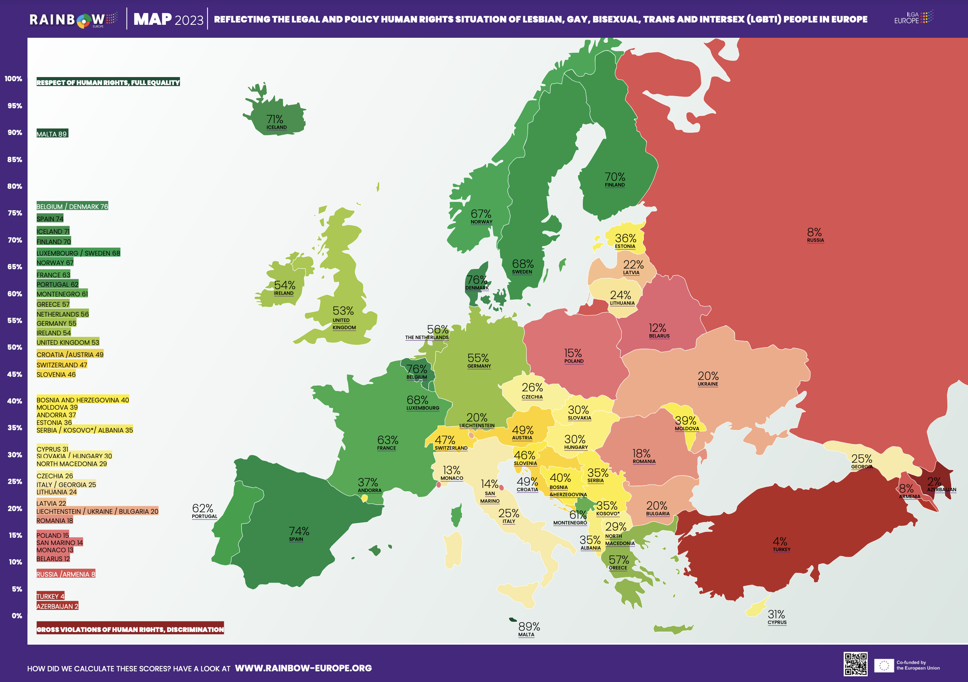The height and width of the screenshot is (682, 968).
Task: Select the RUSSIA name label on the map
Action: [x=815, y=240]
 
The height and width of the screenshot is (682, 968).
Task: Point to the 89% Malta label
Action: [x=529, y=626]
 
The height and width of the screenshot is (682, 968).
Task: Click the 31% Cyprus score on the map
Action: [x=776, y=614]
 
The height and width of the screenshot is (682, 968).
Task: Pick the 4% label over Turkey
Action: [x=780, y=541]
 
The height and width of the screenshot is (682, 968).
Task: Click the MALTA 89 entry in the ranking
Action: [x=52, y=134]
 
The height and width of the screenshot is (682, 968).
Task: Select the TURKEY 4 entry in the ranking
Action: [x=50, y=596]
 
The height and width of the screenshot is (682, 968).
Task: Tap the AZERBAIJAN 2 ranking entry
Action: [x=57, y=606]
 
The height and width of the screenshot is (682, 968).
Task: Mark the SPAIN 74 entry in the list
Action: [x=50, y=218]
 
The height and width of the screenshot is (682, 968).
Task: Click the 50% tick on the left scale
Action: [x=14, y=347]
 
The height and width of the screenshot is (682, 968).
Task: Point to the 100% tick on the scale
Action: [x=13, y=79]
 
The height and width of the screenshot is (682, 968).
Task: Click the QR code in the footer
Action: [x=855, y=664]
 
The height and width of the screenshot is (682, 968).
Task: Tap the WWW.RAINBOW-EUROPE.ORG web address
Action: [x=303, y=668]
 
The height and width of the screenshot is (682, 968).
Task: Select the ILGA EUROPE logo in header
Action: [x=913, y=18]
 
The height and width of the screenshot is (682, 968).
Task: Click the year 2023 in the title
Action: [x=188, y=20]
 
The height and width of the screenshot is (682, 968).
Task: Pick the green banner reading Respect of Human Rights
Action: [x=108, y=82]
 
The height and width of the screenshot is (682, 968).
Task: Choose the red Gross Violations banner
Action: [x=130, y=629]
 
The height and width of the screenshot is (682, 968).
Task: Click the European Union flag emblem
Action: [x=884, y=666]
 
